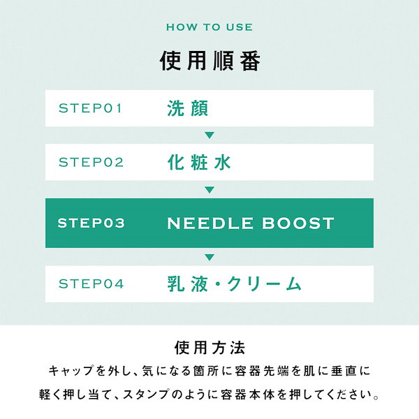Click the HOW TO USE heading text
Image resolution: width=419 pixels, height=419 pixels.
tap(209, 27)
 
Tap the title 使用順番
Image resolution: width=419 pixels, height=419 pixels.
tap(209, 61)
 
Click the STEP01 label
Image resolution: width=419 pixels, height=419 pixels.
tap(91, 108)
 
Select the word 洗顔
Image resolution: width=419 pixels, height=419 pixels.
tap(188, 108)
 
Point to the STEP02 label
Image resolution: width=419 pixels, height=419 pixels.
tap(91, 162)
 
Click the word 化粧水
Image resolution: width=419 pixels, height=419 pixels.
tap(199, 162)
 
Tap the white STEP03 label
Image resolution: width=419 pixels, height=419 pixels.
tap(91, 223)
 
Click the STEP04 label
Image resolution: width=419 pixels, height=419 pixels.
tap(91, 284)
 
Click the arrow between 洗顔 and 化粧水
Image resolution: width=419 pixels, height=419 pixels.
tap(209, 135)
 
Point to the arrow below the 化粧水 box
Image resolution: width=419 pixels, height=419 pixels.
tap(209, 189)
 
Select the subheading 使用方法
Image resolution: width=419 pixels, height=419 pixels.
tap(209, 348)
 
